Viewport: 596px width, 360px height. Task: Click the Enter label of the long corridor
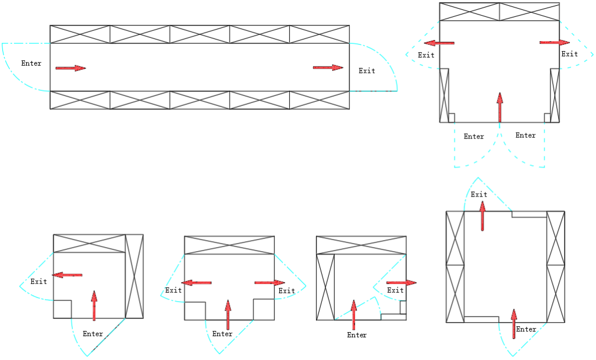click(31, 63)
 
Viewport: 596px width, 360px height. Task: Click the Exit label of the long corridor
click(367, 71)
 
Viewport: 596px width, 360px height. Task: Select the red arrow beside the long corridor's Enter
click(70, 68)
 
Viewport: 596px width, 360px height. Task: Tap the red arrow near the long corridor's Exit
click(328, 67)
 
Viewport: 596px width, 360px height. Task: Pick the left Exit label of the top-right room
click(426, 55)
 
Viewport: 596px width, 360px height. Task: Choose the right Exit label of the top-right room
click(569, 54)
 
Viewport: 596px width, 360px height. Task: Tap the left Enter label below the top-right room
click(474, 137)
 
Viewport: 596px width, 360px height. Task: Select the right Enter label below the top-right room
click(526, 136)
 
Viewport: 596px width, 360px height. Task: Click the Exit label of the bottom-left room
click(39, 281)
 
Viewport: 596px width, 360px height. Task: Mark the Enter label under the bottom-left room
click(93, 334)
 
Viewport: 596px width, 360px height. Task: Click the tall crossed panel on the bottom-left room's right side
click(134, 276)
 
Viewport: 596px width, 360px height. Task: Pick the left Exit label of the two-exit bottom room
click(173, 290)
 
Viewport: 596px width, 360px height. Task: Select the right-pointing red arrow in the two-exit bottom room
click(269, 283)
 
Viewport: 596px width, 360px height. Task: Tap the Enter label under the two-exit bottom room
click(222, 334)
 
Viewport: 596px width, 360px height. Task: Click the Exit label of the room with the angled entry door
click(395, 290)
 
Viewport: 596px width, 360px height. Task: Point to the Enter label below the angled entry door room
click(357, 335)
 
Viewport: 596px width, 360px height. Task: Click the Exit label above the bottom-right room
click(479, 195)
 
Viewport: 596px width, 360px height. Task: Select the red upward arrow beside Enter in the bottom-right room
click(513, 323)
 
